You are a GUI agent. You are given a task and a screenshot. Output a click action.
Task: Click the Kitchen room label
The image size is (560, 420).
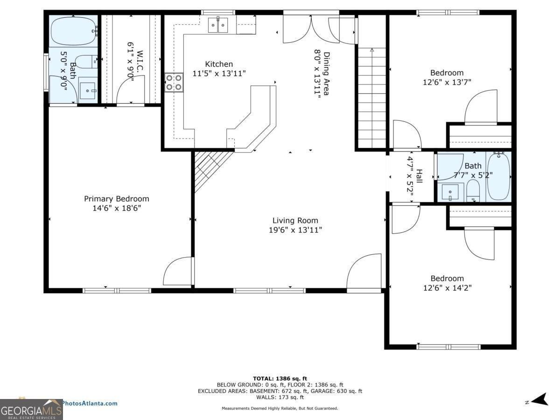(x=219, y=64)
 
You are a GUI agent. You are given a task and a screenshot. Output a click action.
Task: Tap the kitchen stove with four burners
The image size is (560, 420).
(x=174, y=83)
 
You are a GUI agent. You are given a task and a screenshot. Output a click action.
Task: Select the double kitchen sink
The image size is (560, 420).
(x=218, y=25)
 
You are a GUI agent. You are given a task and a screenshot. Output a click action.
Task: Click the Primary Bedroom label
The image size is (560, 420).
(x=117, y=199)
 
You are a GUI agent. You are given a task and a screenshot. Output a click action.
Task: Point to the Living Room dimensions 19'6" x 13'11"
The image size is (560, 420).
(x=295, y=230)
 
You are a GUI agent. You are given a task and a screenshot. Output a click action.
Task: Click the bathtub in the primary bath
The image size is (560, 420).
(x=73, y=31)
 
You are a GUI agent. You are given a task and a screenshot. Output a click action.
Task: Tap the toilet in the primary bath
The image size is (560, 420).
(x=86, y=61)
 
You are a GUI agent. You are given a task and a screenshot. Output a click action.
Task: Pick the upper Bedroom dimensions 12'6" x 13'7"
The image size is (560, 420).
(x=447, y=82)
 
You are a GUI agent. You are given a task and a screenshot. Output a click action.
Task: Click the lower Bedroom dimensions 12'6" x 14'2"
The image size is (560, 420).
(x=447, y=288)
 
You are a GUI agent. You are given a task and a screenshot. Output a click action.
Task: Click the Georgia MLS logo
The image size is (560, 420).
(x=31, y=410)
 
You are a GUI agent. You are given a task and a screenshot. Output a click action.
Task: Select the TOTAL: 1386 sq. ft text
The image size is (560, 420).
(x=280, y=378)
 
